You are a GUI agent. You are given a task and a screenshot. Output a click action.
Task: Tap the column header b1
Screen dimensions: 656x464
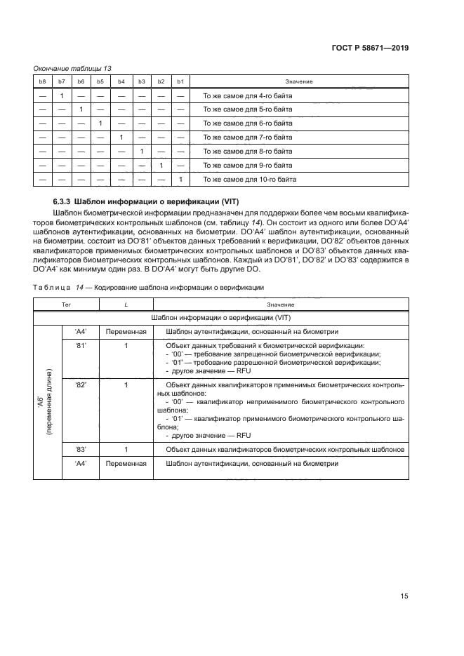point(180,82)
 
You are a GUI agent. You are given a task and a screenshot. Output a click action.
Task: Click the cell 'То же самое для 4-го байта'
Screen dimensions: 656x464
point(247,95)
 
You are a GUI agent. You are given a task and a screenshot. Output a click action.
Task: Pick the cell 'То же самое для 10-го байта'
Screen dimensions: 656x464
point(248,180)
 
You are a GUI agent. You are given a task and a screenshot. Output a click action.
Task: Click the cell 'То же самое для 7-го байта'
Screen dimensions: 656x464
point(247,138)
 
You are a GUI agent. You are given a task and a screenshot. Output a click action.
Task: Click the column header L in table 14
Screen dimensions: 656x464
point(126,305)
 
